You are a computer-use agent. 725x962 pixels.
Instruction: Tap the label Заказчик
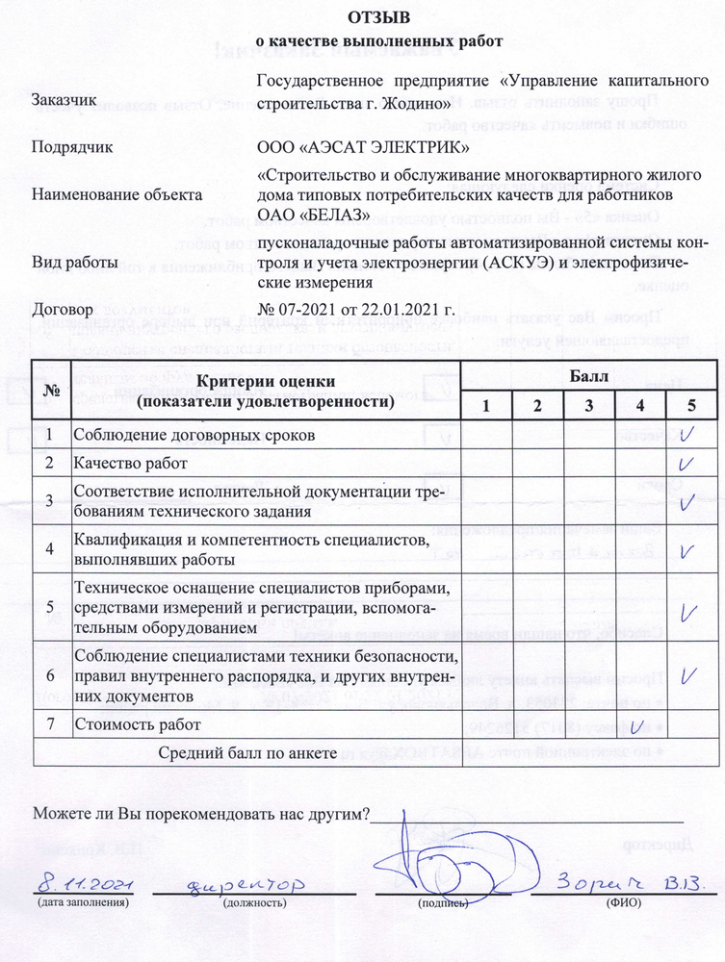point(64,100)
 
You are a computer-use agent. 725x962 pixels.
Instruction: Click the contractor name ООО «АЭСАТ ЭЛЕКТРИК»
point(364,147)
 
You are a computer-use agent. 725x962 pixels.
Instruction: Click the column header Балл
point(588,376)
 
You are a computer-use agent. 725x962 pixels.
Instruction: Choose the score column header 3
point(588,405)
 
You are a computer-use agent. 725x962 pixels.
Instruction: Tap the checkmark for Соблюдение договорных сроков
point(687,434)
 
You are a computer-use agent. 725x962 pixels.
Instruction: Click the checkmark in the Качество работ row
point(687,463)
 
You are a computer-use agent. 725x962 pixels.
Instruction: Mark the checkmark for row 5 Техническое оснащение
point(688,612)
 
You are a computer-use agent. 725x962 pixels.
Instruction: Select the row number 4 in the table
point(49,549)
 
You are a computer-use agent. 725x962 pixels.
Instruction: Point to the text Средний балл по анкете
point(247,752)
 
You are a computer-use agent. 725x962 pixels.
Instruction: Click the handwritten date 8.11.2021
point(84,883)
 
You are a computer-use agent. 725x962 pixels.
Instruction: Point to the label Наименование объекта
point(103,193)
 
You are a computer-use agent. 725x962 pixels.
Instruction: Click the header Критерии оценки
point(264,382)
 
